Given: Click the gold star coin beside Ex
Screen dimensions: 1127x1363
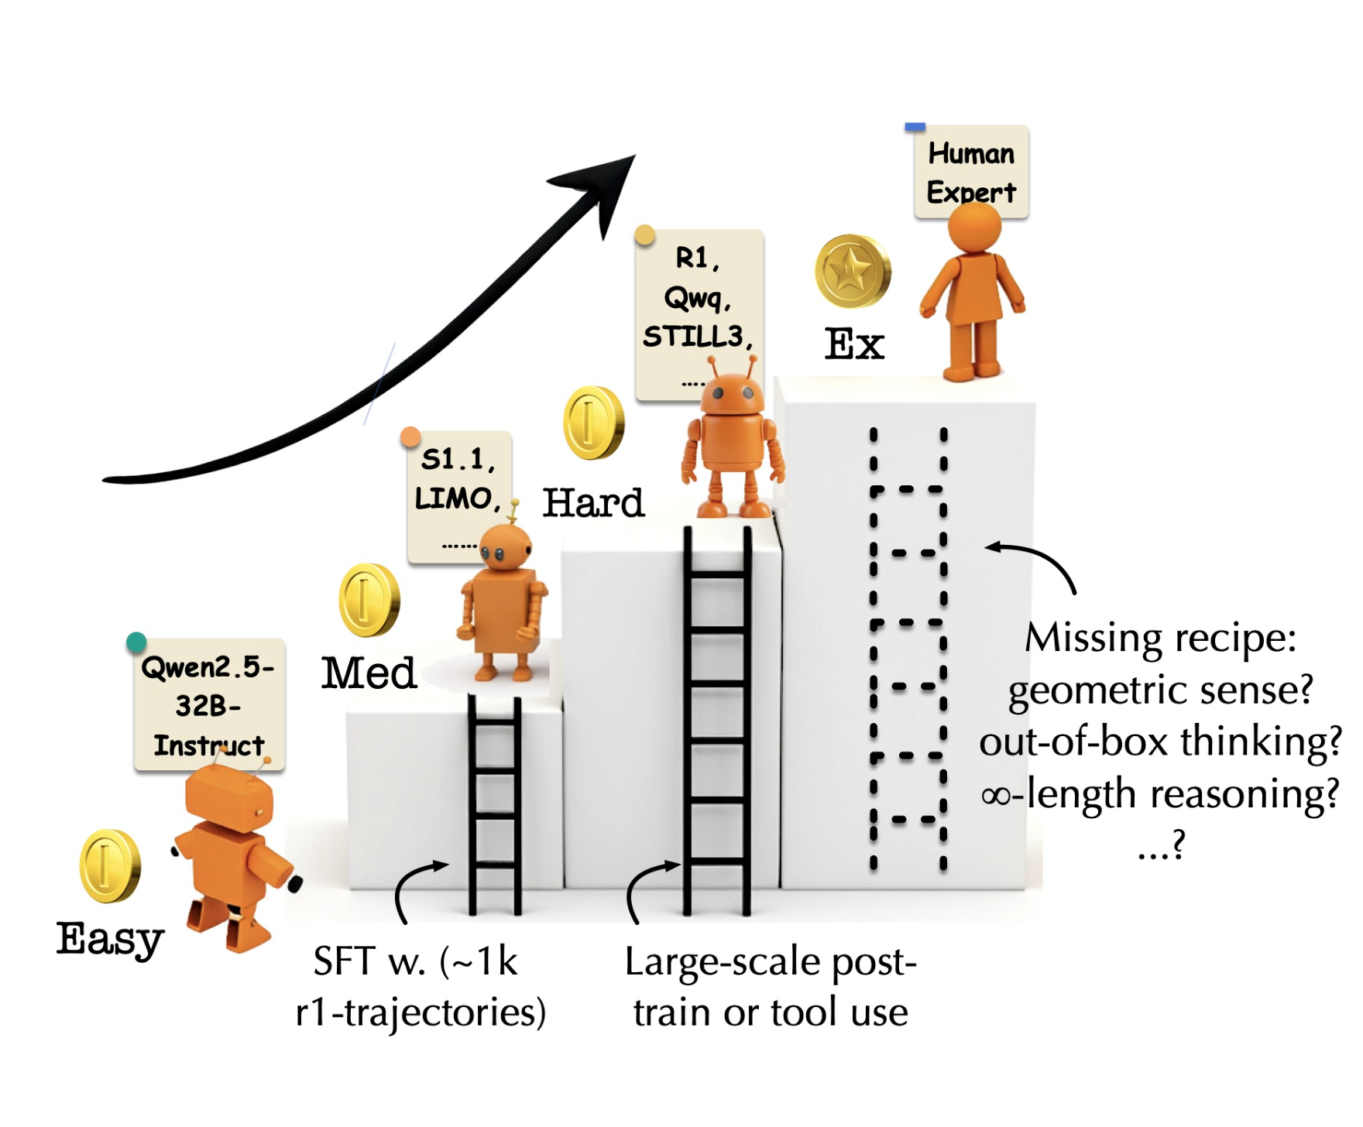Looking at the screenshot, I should pyautogui.click(x=852, y=272).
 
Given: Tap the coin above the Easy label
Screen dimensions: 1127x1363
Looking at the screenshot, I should pyautogui.click(x=110, y=866).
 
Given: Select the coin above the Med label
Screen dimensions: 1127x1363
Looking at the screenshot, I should pyautogui.click(x=369, y=600).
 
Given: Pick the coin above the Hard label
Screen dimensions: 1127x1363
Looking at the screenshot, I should pyautogui.click(x=593, y=423).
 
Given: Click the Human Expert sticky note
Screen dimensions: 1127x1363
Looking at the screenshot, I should pyautogui.click(x=971, y=172).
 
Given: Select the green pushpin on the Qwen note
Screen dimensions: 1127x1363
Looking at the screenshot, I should pyautogui.click(x=136, y=642).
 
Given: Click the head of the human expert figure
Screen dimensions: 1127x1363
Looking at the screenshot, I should pyautogui.click(x=974, y=225).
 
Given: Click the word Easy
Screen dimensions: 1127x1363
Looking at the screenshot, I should pyautogui.click(x=110, y=939).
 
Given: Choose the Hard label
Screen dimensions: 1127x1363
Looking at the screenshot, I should pyautogui.click(x=593, y=503).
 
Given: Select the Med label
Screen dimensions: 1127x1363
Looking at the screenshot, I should pyautogui.click(x=369, y=673).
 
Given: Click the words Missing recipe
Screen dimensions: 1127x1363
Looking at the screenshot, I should pyautogui.click(x=1160, y=639).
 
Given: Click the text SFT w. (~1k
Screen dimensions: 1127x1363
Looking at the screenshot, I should pyautogui.click(x=415, y=961).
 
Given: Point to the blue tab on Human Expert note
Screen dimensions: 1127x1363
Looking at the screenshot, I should pyautogui.click(x=915, y=127).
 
